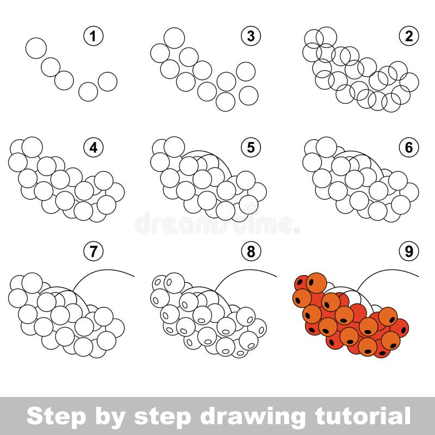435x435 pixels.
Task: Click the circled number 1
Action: [94, 36]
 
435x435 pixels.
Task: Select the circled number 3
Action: [251, 36]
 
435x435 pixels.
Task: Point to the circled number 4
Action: [94, 147]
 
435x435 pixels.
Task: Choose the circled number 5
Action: [251, 147]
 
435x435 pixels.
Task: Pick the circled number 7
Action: [94, 251]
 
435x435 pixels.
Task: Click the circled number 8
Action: [251, 251]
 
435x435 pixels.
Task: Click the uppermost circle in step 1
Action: [36, 48]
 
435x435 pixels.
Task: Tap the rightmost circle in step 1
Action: [108, 82]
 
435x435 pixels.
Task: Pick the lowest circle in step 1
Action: [88, 92]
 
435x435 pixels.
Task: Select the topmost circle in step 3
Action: [174, 38]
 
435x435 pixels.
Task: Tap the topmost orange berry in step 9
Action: [316, 283]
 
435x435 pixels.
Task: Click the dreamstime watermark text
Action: [217, 223]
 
